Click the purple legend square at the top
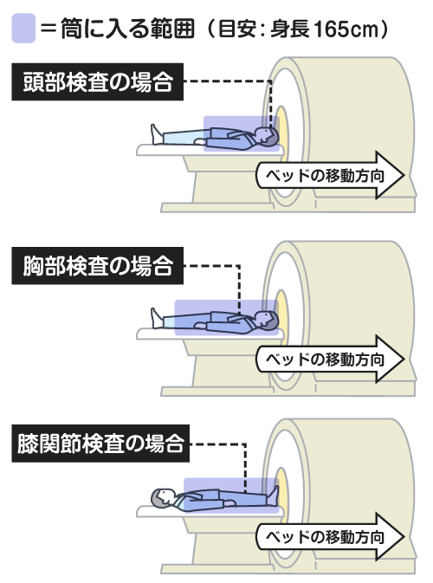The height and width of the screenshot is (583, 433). [x=23, y=28]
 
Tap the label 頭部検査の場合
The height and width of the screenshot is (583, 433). [x=97, y=81]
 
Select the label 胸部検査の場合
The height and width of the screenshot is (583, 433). [x=97, y=266]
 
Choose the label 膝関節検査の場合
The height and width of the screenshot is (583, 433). [x=100, y=444]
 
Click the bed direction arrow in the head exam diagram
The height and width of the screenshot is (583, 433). [x=330, y=175]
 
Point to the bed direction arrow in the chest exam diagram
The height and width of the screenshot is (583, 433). [x=330, y=359]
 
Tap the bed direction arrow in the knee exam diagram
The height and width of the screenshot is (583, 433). [x=330, y=536]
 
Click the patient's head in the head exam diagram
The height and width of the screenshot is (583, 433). [x=268, y=136]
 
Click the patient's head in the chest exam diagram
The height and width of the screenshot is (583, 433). [x=268, y=320]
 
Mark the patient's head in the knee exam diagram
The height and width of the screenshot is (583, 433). [x=163, y=497]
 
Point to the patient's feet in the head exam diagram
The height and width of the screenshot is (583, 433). [x=157, y=134]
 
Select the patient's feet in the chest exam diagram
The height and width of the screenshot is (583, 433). [x=157, y=318]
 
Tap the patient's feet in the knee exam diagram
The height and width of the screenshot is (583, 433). [x=273, y=496]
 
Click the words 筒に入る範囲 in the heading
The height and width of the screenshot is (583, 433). [x=127, y=29]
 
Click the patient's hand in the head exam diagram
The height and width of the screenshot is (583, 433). [x=201, y=141]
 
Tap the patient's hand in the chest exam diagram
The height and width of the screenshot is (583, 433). [x=201, y=326]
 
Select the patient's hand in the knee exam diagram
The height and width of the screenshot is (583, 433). [x=229, y=503]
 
